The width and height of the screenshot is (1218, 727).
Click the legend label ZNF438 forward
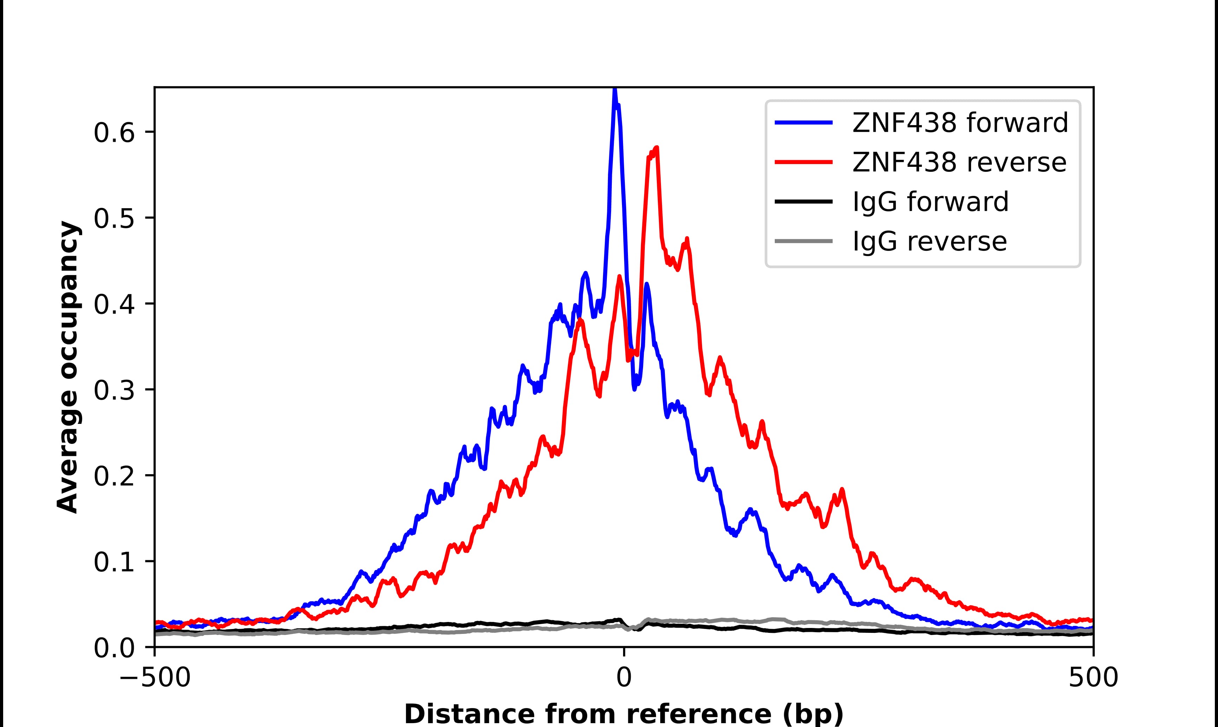tap(960, 123)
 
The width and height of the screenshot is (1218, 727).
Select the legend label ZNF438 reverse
tap(959, 162)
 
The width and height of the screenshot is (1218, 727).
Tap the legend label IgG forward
tap(930, 202)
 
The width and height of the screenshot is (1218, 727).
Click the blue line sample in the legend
tap(803, 123)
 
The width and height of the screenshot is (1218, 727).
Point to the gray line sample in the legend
tap(803, 241)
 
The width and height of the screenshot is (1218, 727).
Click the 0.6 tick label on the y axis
tap(114, 132)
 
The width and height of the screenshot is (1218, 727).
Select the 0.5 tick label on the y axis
tap(114, 218)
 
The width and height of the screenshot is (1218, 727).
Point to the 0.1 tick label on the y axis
tap(114, 562)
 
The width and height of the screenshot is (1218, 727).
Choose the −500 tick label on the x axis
tap(155, 679)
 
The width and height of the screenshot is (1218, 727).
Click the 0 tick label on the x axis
tap(623, 679)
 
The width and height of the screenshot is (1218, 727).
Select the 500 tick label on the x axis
tap(1093, 679)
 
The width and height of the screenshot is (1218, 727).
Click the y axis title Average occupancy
tap(67, 367)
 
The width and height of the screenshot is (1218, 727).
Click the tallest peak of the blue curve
tap(615, 90)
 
